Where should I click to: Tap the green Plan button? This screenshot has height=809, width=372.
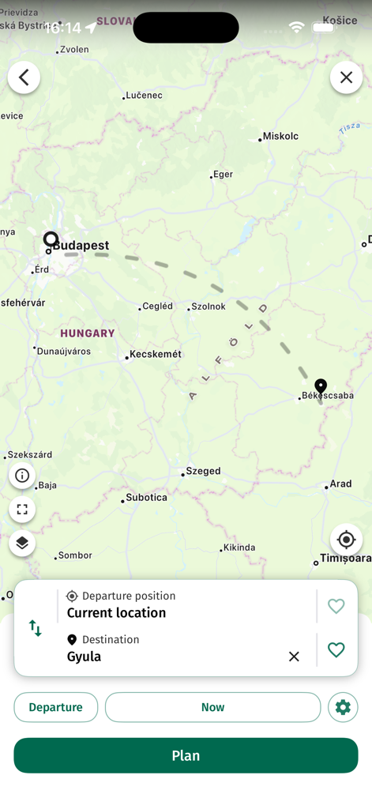pyautogui.click(x=186, y=755)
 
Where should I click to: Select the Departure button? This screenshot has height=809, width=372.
pyautogui.click(x=55, y=707)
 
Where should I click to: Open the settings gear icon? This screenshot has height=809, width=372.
pyautogui.click(x=343, y=707)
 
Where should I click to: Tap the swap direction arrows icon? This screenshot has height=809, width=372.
pyautogui.click(x=35, y=628)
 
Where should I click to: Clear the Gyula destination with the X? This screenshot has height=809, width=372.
pyautogui.click(x=294, y=657)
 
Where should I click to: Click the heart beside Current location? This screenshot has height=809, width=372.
pyautogui.click(x=336, y=606)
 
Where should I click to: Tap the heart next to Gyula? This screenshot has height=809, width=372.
pyautogui.click(x=336, y=649)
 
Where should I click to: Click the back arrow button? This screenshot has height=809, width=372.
pyautogui.click(x=24, y=77)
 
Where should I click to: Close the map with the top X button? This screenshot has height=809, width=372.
pyautogui.click(x=346, y=77)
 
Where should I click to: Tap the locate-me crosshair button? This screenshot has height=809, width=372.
pyautogui.click(x=346, y=540)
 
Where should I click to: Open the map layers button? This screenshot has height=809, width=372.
pyautogui.click(x=22, y=543)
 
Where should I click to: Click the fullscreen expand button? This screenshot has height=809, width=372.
pyautogui.click(x=22, y=510)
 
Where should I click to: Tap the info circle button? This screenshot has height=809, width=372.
pyautogui.click(x=22, y=476)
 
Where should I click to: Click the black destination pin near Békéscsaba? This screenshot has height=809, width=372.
pyautogui.click(x=321, y=386)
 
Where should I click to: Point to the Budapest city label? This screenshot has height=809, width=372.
pyautogui.click(x=81, y=246)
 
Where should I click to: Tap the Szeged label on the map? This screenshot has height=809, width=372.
pyautogui.click(x=203, y=471)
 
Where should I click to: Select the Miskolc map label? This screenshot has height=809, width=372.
pyautogui.click(x=280, y=136)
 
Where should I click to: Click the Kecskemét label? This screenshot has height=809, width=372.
pyautogui.click(x=156, y=354)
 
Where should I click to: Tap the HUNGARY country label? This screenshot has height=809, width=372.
pyautogui.click(x=88, y=333)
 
